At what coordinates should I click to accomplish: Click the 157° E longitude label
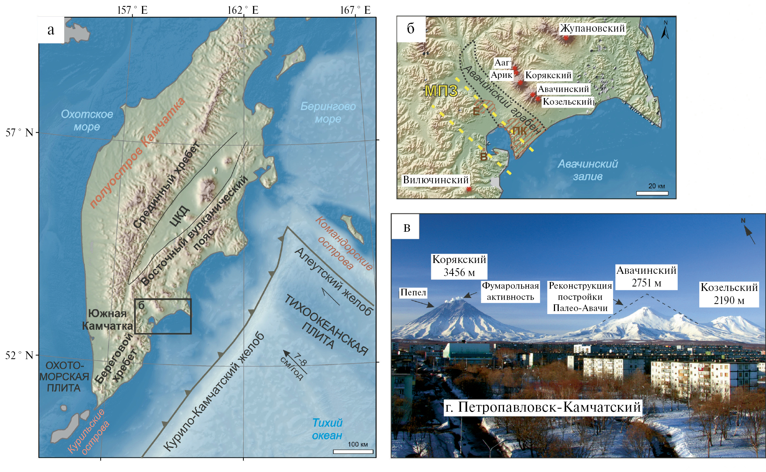coord(132,10)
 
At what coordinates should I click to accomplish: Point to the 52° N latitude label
coord(19,355)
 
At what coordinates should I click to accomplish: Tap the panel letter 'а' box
coord(51,30)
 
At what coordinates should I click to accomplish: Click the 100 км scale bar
coord(353,452)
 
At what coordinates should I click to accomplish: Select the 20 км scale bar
coord(652,193)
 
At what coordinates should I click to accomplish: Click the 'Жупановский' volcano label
coord(592,28)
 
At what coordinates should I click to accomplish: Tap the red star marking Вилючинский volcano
coord(469,189)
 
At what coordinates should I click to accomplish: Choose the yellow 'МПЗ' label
coord(441,91)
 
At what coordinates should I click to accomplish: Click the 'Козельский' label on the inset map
coord(567,102)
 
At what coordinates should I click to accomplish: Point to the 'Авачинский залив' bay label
coord(587,170)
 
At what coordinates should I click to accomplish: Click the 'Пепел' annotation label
coord(413,292)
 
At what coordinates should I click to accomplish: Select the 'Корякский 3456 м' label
coord(459,266)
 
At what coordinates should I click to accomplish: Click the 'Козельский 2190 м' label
coord(729,294)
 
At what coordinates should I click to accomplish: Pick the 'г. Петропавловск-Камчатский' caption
coord(543,407)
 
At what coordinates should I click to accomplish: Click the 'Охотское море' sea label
coord(87,120)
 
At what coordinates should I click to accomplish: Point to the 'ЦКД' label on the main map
coord(179,215)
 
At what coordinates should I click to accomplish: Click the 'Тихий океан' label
coord(327,429)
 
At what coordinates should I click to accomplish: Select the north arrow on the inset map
coord(665,30)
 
